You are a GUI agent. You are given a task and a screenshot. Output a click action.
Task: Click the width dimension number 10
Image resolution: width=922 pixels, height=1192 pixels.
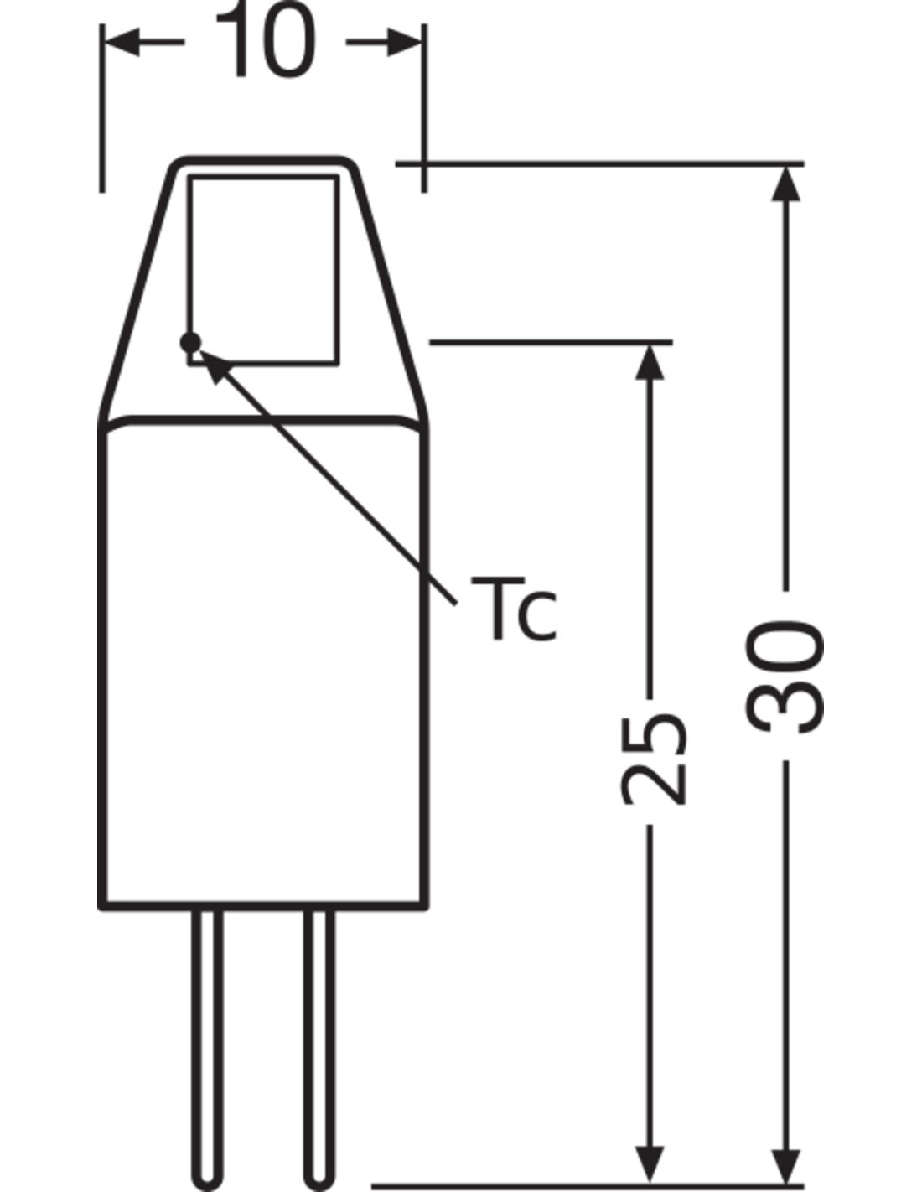click(x=267, y=39)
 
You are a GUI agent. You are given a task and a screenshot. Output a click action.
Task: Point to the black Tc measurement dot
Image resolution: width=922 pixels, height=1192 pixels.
click(x=190, y=343)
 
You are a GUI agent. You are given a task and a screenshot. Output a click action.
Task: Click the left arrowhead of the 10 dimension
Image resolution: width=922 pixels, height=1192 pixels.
click(x=122, y=42)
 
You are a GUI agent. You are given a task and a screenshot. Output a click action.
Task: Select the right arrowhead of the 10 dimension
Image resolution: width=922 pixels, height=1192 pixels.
click(x=405, y=42)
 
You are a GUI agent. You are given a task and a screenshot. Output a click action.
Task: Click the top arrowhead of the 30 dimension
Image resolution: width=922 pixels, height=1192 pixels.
click(x=786, y=184)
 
